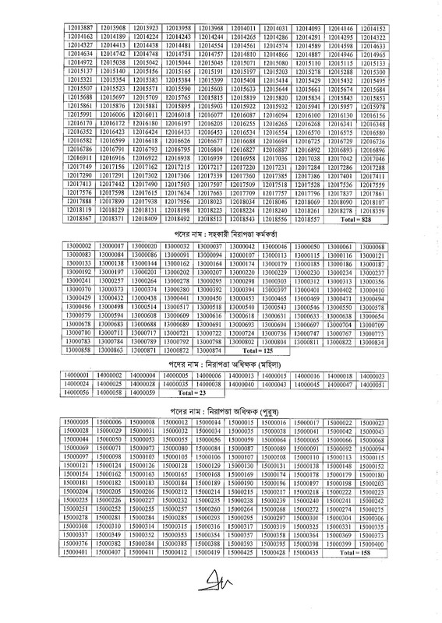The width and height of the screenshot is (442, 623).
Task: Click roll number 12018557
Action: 302,221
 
